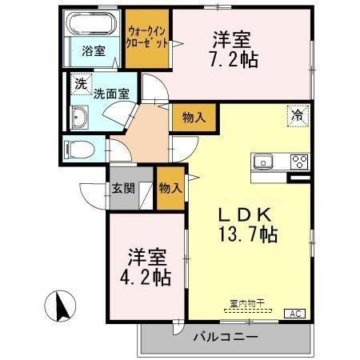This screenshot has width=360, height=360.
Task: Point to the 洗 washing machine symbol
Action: coord(80,83)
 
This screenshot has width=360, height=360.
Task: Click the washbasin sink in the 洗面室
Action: coord(80,119)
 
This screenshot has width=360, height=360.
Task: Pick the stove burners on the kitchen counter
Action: coord(299,161)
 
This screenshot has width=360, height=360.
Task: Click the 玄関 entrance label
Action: coord(122,190)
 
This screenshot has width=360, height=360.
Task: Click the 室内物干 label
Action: coord(247,303)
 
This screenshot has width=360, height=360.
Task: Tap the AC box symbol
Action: coord(294,312)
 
